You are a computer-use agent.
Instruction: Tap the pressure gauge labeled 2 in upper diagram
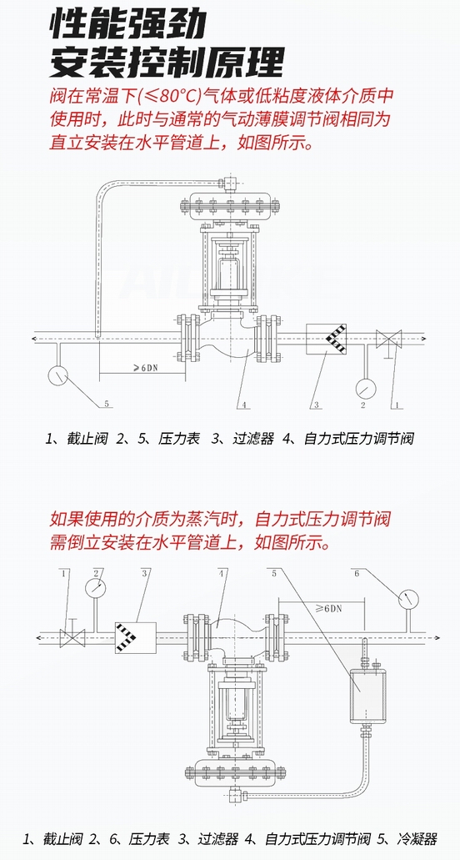[x=365, y=389]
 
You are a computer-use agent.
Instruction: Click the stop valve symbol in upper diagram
[x=388, y=339]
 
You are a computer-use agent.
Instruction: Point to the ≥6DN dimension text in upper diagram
[x=145, y=369]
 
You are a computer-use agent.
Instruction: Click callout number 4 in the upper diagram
[x=245, y=405]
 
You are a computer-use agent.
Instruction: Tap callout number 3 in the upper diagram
[x=317, y=405]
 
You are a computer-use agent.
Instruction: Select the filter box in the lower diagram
[x=135, y=638]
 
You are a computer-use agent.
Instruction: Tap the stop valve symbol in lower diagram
[x=72, y=636]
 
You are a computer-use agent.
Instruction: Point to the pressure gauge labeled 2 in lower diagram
[x=95, y=587]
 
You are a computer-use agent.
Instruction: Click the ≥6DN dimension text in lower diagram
[x=328, y=608]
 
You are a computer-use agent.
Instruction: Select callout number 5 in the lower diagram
[x=274, y=573]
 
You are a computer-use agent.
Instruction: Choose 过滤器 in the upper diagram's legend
[x=252, y=438]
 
